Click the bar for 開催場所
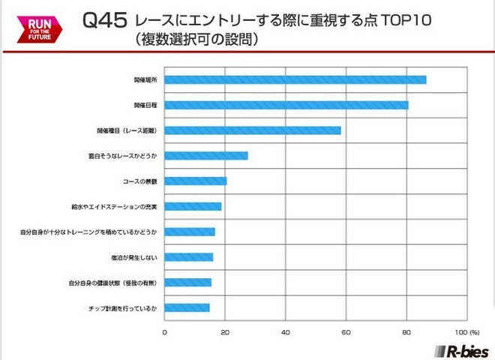point(295,79)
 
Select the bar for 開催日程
point(286,105)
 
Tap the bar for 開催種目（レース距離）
point(253,130)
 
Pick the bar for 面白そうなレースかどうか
point(205,156)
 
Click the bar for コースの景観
point(195,181)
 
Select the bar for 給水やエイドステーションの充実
point(193,206)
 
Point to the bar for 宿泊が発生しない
point(188,257)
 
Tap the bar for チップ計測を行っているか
point(187,307)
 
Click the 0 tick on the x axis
point(165,331)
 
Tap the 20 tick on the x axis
point(225,331)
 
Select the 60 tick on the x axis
point(346,331)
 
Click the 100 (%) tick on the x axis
point(468,331)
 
